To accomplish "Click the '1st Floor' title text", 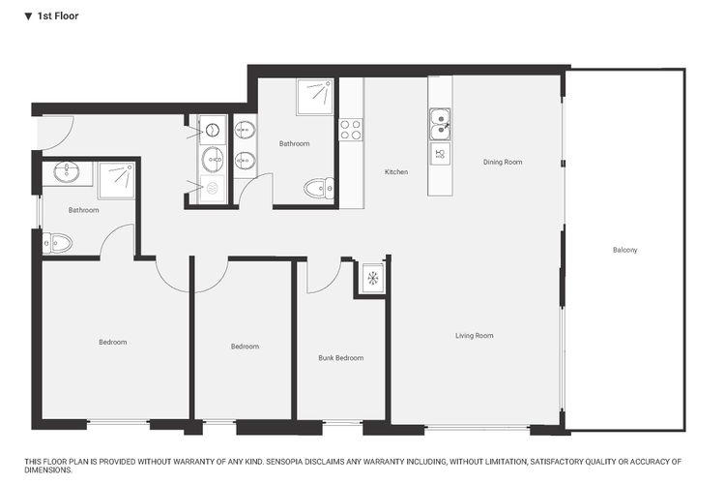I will point(57,16).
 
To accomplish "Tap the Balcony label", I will point(624,250).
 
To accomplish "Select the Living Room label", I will point(474,336).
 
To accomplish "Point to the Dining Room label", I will point(503,162).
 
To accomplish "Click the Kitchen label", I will point(396,171).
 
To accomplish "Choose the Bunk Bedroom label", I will point(340,358).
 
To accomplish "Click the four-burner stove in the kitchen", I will point(350,130).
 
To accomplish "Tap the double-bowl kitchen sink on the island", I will point(441,122).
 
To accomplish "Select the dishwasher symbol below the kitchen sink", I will point(440,154).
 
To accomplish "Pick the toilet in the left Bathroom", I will point(57,244).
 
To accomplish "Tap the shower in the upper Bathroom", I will point(315,97).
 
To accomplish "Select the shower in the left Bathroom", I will point(116,179).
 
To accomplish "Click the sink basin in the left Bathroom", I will point(67,172).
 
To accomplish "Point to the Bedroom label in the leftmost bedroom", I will point(113,342).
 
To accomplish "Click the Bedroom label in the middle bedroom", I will point(245,347).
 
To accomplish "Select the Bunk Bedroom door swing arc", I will point(320,277).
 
